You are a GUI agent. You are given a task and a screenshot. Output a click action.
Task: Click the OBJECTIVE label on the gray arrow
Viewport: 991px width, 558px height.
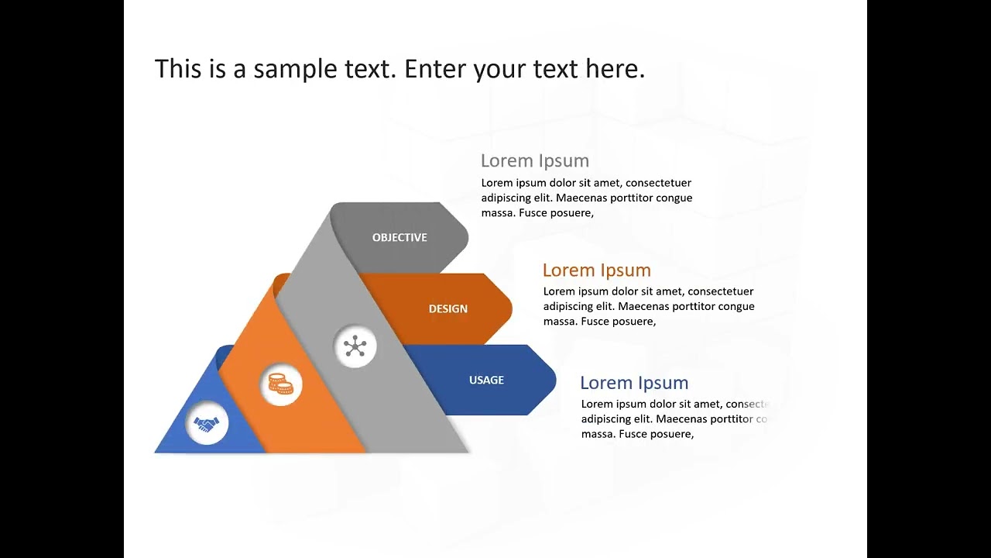tap(399, 237)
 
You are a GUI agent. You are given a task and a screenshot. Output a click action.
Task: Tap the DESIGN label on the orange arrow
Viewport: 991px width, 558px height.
tap(447, 308)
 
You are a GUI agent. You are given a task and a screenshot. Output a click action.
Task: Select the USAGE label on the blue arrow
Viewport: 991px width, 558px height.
tap(486, 380)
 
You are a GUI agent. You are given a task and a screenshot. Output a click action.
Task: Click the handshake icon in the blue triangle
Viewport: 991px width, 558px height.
tap(207, 424)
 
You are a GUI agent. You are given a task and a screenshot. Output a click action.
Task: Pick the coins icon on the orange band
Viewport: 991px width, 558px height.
tap(281, 384)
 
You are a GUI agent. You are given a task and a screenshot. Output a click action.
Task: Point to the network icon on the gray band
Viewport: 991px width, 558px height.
tap(355, 346)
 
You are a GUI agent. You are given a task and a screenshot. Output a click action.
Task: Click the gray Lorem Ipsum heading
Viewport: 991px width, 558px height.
tap(534, 160)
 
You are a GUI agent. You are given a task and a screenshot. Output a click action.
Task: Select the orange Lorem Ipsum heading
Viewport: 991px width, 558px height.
tap(596, 270)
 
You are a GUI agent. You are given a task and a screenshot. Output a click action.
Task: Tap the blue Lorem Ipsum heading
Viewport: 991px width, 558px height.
tap(634, 383)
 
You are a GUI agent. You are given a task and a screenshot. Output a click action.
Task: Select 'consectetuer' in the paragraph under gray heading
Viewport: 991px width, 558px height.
tap(658, 183)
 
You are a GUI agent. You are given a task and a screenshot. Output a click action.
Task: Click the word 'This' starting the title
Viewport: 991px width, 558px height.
tap(178, 69)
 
